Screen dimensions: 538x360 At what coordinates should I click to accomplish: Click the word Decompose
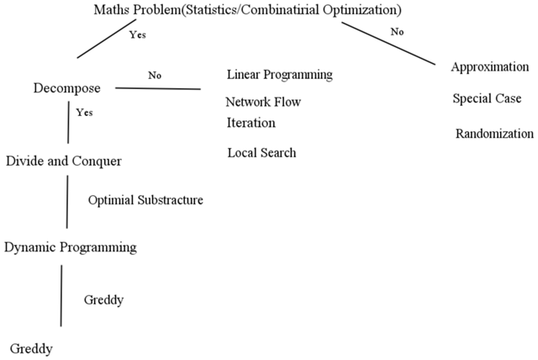(67, 88)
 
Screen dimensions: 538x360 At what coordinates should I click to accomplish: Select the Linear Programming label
(280, 75)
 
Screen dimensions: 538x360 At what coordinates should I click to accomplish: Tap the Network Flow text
(263, 102)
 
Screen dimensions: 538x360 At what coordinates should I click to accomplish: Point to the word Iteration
(251, 123)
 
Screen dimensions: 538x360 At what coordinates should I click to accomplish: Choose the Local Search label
(261, 153)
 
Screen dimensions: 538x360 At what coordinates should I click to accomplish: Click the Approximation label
(490, 67)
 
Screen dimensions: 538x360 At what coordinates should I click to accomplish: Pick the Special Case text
(487, 99)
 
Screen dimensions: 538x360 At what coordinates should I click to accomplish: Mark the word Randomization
(494, 134)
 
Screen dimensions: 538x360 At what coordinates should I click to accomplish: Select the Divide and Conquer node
(64, 161)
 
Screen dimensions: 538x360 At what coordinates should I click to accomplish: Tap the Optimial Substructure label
(145, 200)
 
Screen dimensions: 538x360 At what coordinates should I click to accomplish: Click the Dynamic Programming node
(71, 247)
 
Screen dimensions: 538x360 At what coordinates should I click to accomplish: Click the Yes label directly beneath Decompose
(84, 113)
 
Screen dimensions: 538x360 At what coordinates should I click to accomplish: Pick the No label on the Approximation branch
(397, 32)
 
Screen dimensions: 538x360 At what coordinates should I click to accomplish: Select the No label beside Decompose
(155, 75)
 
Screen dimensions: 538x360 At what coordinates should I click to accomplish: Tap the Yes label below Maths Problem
(138, 34)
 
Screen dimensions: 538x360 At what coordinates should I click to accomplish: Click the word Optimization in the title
(360, 9)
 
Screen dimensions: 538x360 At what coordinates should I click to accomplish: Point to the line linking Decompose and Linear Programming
(158, 88)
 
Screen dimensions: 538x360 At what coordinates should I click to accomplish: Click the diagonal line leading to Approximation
(388, 43)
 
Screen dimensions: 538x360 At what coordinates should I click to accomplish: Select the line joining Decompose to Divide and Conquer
(69, 123)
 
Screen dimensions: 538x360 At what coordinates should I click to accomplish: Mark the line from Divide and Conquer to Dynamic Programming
(67, 202)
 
